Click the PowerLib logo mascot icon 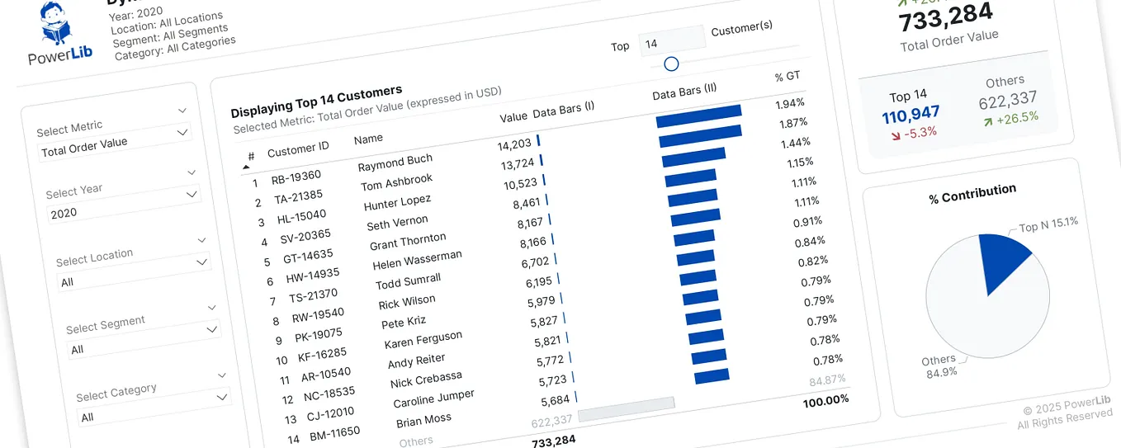[59, 24]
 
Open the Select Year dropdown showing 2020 [123, 205]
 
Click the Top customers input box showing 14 [671, 40]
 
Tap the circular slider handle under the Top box [671, 64]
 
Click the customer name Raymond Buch [395, 163]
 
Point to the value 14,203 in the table [514, 145]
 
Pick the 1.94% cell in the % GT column [790, 103]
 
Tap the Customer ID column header [298, 149]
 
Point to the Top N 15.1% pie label [1048, 224]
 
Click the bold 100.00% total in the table [825, 400]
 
